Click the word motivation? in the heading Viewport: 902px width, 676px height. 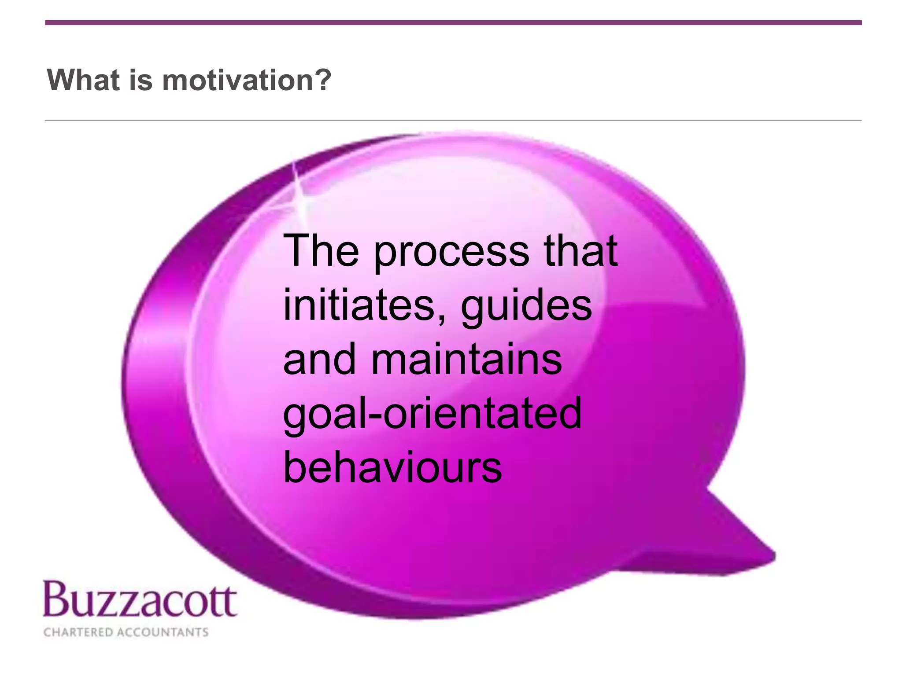(247, 81)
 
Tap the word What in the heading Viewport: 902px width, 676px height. (83, 81)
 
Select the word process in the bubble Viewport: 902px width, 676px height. (451, 252)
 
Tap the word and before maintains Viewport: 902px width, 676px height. (319, 360)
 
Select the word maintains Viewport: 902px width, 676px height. (467, 360)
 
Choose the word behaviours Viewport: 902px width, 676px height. (392, 467)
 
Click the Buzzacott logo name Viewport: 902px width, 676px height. (140, 600)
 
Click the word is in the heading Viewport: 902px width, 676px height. (140, 81)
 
